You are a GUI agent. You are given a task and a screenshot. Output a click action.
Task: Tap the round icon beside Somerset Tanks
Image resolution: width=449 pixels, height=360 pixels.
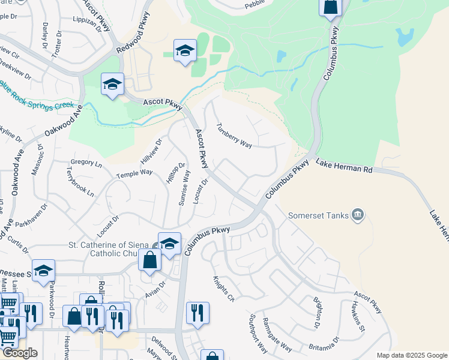click(x=358, y=214)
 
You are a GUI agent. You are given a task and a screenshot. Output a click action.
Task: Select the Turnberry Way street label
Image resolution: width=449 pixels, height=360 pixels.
click(x=234, y=136)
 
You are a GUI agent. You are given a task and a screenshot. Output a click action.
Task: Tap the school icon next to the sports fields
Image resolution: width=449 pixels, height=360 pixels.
click(x=185, y=50)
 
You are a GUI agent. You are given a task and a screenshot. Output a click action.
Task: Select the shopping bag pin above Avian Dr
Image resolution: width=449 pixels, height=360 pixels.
click(x=149, y=260)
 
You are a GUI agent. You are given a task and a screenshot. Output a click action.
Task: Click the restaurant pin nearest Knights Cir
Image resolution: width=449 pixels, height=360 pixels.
click(x=197, y=312)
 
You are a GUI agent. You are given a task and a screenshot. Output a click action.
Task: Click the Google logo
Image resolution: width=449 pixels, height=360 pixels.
click(x=19, y=353)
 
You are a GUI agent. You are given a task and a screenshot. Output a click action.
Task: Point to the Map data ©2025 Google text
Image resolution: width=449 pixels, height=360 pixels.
click(x=411, y=355)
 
